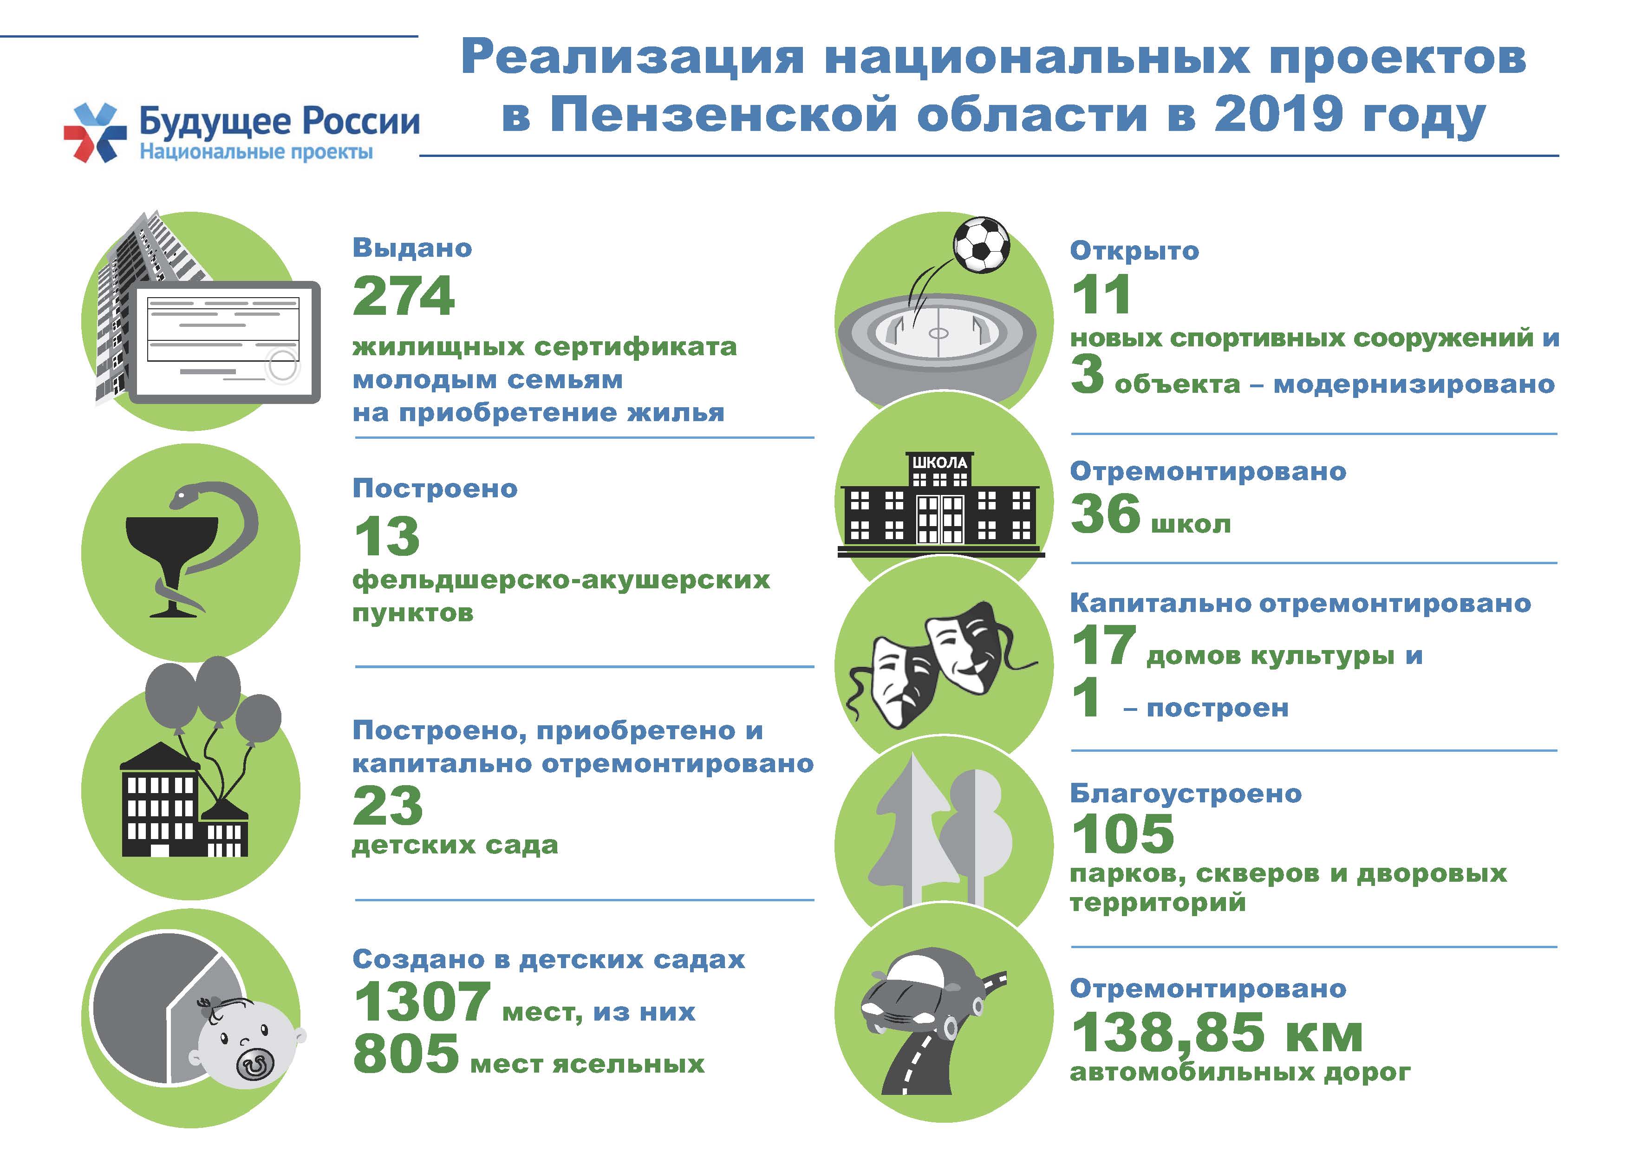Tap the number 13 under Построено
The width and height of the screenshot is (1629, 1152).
[x=387, y=536]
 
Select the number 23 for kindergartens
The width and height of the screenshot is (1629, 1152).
[x=387, y=805]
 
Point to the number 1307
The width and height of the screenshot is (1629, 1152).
[x=422, y=1001]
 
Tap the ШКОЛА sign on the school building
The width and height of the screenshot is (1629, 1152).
[x=940, y=462]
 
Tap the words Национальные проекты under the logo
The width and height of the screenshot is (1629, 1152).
[x=256, y=152]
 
